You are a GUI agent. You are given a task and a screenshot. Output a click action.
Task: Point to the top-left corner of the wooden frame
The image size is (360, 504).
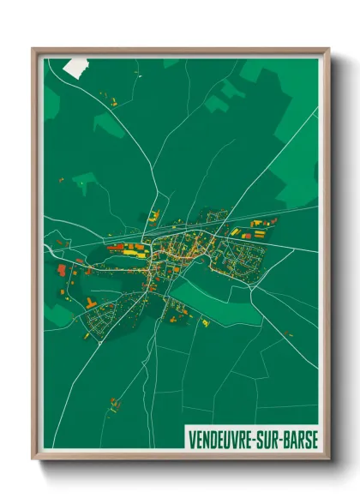point(33,50)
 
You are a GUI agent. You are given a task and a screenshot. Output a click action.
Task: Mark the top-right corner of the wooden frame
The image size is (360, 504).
point(328,50)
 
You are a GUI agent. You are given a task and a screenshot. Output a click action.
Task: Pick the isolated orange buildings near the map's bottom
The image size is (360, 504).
point(116,401)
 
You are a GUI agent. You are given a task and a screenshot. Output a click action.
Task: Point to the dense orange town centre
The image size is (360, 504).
point(176,249)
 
